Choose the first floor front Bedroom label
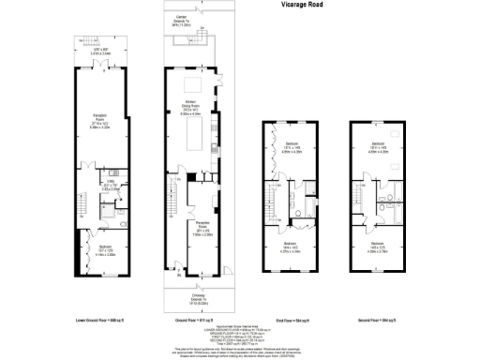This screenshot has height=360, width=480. (290, 247)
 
